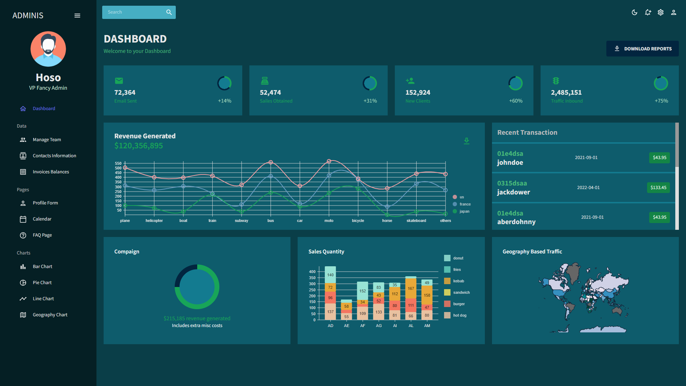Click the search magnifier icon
[x=169, y=12]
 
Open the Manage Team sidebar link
[x=46, y=140]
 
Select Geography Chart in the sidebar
[x=50, y=315]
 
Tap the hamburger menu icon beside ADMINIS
[x=77, y=16]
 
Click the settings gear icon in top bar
[x=661, y=13]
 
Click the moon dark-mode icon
[x=635, y=13]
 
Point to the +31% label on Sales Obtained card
[x=370, y=101]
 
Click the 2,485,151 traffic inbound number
[x=566, y=93]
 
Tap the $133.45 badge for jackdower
[x=658, y=188]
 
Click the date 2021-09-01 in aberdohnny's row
[x=592, y=217]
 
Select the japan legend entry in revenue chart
[x=464, y=212]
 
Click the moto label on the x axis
[x=329, y=221]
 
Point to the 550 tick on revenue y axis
[x=118, y=163]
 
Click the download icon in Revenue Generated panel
[x=466, y=141]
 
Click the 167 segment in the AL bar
[x=411, y=289]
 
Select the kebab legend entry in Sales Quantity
[x=458, y=281]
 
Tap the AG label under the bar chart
[x=379, y=326]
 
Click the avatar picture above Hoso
[x=48, y=49]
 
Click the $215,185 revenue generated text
[x=197, y=318]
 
